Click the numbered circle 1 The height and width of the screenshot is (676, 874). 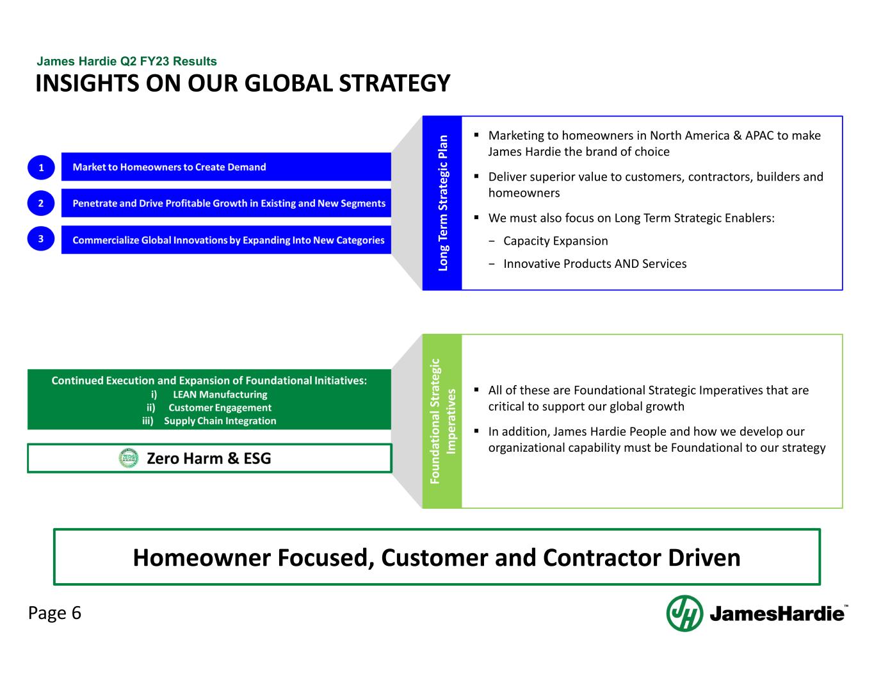click(x=41, y=167)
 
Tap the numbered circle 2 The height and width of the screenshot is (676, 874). click(x=41, y=203)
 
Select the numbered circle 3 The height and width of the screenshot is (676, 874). click(x=41, y=239)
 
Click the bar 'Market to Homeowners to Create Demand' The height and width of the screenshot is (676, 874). click(x=226, y=167)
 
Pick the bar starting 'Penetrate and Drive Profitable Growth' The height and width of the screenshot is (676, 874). click(x=226, y=203)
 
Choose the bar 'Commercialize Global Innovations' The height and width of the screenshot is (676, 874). click(x=226, y=240)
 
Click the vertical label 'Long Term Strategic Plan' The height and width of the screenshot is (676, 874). click(x=442, y=203)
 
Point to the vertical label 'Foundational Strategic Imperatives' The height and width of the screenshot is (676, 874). click(x=442, y=421)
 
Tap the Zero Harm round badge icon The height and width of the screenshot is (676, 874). click(x=129, y=458)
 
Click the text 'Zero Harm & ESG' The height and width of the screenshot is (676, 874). click(x=209, y=458)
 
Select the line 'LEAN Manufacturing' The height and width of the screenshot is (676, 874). click(x=220, y=395)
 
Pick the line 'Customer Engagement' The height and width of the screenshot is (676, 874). click(x=220, y=408)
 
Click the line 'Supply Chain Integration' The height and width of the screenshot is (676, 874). click(x=220, y=421)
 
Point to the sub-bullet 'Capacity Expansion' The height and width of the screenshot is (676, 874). click(x=555, y=241)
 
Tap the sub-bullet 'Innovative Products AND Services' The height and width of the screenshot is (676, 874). click(x=594, y=264)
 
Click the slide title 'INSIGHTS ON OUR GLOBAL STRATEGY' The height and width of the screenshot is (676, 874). click(x=243, y=84)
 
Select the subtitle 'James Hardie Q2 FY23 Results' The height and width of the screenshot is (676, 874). click(x=127, y=62)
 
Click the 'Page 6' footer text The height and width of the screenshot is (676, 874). click(x=54, y=613)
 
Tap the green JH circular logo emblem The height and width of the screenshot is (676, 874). click(x=684, y=613)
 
